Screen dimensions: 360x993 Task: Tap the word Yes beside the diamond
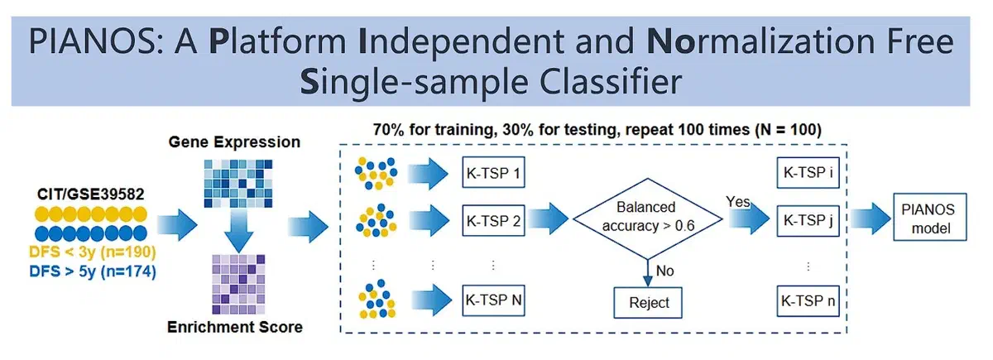point(737,201)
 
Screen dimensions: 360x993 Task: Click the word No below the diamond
point(664,270)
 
